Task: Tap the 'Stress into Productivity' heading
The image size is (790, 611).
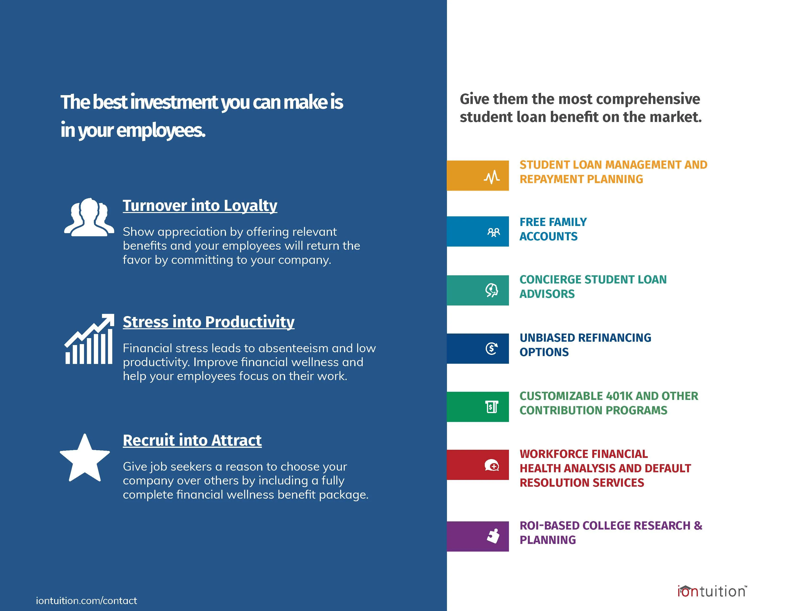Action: (209, 322)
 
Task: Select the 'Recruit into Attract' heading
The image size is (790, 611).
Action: (192, 440)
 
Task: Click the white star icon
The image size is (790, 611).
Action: (85, 458)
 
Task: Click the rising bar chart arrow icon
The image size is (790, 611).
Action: (89, 339)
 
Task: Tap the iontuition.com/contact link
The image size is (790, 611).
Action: (86, 600)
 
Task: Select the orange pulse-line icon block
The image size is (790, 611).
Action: (478, 176)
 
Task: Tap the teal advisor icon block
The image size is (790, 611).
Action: (478, 290)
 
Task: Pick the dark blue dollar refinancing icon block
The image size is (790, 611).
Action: (478, 349)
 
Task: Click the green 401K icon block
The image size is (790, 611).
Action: (478, 407)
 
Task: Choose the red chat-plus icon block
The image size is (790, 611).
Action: (478, 465)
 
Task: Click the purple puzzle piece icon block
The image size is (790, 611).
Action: (478, 536)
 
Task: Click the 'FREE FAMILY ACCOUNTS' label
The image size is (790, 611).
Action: (553, 229)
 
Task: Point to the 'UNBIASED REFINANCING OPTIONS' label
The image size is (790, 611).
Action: (585, 345)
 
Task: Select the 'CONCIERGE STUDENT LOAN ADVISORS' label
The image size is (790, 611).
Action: (593, 287)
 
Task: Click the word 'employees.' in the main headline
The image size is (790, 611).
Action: (161, 131)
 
